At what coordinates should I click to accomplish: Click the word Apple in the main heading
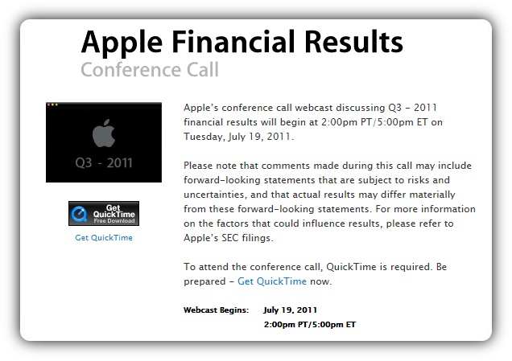[122, 43]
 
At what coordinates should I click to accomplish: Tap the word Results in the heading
[354, 42]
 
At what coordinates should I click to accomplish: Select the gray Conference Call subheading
[150, 70]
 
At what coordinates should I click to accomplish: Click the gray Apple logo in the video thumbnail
[104, 133]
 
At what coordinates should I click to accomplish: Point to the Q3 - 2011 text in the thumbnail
[104, 162]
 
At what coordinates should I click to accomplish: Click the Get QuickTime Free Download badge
[104, 214]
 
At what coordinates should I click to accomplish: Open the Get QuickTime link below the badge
[104, 238]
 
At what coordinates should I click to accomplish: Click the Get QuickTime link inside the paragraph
[272, 281]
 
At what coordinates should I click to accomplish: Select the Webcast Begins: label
[217, 310]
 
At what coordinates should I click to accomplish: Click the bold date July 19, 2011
[291, 310]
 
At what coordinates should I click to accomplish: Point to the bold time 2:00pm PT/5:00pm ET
[310, 325]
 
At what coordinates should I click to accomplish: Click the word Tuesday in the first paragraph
[204, 137]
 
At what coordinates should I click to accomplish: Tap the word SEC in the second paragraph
[230, 238]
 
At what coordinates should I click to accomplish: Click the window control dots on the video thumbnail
[52, 105]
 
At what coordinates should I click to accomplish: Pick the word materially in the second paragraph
[432, 195]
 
